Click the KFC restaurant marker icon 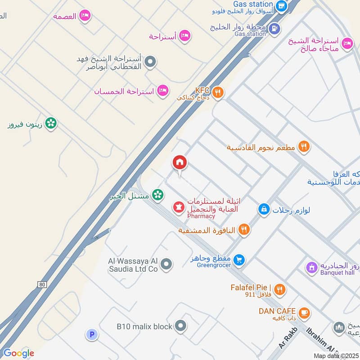click(218, 93)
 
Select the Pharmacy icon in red click(179, 207)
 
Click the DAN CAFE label click(277, 311)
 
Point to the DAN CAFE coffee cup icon click(304, 312)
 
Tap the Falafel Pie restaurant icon click(279, 290)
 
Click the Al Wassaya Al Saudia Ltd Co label click(133, 265)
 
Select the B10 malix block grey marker click(180, 326)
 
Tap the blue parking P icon click(91, 334)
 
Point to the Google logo click(18, 353)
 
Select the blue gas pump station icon click(273, 29)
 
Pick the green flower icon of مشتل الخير click(157, 195)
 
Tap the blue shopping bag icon click(264, 209)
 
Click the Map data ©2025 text click(335, 356)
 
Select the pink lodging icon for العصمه click(85, 16)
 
